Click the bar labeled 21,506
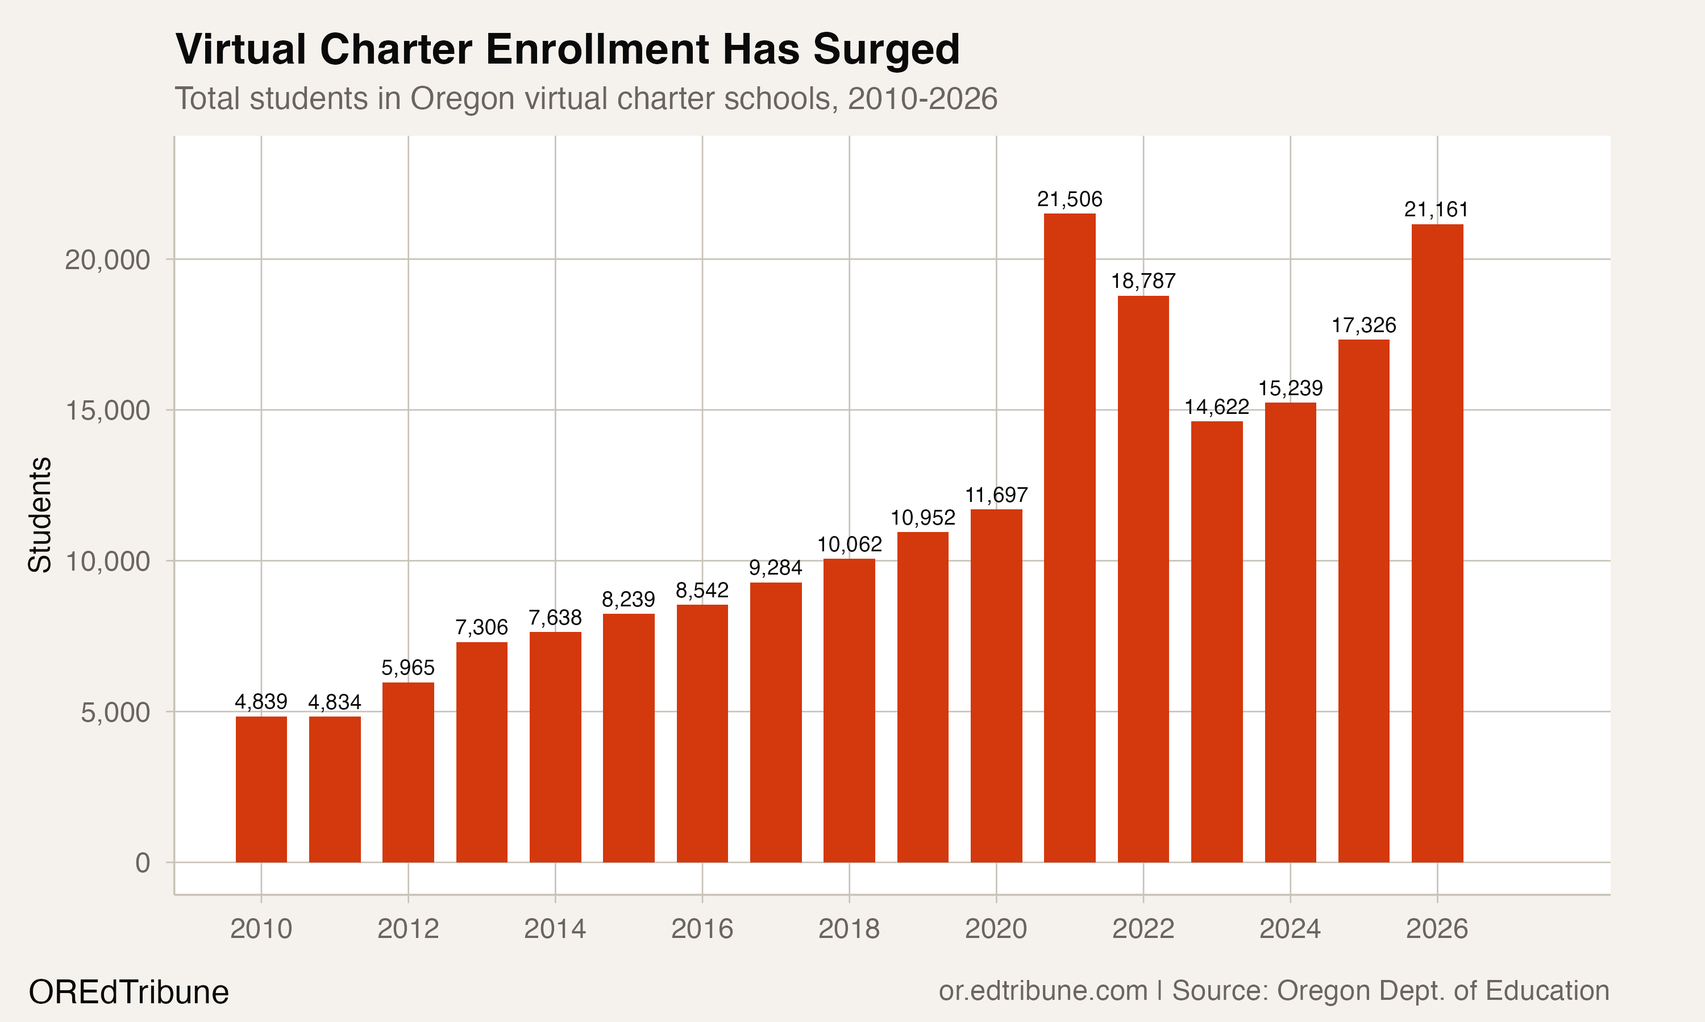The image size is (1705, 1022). point(1070,537)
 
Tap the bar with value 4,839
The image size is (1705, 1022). point(261,789)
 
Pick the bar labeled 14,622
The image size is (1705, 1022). point(1216,641)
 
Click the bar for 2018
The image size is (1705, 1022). point(849,710)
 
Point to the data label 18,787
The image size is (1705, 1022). point(1143,281)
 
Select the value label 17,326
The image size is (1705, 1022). point(1363,325)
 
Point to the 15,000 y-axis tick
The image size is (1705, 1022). point(107,411)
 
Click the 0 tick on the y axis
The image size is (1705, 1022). point(143,863)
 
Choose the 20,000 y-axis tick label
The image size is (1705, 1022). point(107,260)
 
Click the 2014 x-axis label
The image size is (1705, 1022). point(555,929)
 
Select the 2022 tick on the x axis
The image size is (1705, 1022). point(1143,929)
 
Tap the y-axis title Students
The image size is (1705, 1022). point(40,514)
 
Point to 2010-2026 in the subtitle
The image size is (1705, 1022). point(922,98)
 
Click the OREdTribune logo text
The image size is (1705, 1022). point(129,992)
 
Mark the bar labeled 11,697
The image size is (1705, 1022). point(996,685)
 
